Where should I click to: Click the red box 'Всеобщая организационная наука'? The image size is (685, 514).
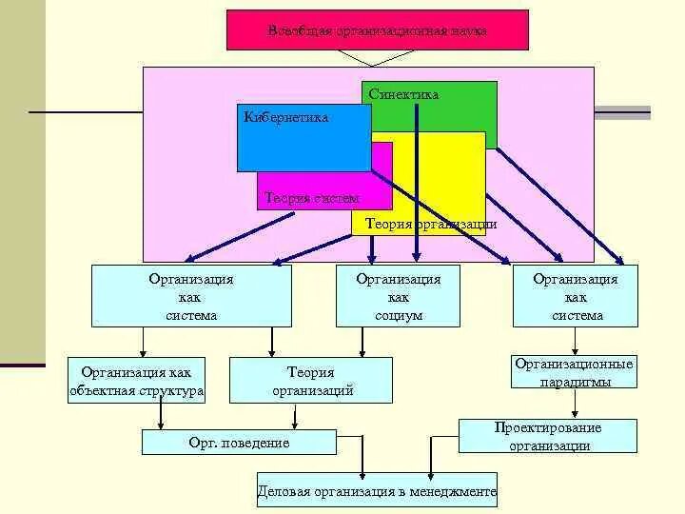pos(377,30)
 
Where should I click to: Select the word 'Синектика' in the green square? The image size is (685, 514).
pos(404,94)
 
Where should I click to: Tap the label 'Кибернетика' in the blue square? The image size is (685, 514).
pos(286,118)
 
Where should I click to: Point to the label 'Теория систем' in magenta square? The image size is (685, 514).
pos(312,198)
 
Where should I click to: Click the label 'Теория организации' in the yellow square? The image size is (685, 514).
pos(424,225)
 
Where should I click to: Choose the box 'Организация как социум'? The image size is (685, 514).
pos(398,296)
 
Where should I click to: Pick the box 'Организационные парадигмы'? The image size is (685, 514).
pos(574,372)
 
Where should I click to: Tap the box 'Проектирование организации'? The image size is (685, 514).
pos(548,436)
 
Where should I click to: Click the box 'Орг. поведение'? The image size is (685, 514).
pos(239,443)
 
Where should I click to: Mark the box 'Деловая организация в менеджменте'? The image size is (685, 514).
pos(377,492)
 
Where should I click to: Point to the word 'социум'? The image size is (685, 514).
pos(399,315)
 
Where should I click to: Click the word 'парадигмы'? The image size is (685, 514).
pos(574,382)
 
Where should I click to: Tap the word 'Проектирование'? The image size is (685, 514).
pos(548,427)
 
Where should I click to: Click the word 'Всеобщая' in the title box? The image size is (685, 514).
pos(300,30)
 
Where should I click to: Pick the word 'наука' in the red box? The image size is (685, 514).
pos(468,30)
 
